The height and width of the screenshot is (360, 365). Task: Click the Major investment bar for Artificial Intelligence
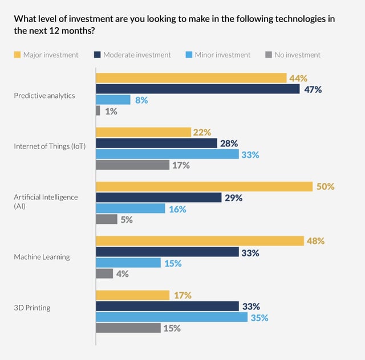204,187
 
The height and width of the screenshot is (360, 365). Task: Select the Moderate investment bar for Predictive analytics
197,89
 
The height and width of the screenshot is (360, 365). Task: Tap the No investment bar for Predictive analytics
98,111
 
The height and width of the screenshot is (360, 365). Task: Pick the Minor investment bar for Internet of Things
167,154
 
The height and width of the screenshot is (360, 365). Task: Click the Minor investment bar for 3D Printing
172,317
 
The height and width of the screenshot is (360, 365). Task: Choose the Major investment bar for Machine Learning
200,241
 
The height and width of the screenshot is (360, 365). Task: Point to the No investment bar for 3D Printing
128,328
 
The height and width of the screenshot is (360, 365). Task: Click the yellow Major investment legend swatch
17,55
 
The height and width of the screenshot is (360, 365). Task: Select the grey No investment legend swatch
269,55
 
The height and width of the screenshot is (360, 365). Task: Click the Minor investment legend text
222,55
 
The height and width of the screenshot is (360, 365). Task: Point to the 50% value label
325,187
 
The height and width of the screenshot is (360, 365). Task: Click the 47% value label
313,89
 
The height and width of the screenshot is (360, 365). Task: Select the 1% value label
111,112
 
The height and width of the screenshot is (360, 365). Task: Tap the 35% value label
259,318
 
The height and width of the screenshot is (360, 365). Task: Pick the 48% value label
315,241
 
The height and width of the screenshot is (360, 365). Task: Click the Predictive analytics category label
44,95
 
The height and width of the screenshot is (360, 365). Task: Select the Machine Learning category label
42,257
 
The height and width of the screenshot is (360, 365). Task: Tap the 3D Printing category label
32,308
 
